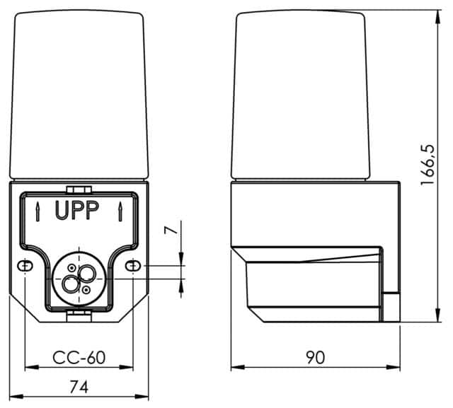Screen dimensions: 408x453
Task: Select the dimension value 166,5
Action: click(428, 164)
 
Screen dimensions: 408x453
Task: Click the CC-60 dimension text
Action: click(79, 358)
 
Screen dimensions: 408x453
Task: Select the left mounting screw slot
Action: click(25, 266)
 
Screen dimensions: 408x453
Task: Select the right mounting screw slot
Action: click(133, 266)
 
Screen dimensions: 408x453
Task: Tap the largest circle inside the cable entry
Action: click(71, 284)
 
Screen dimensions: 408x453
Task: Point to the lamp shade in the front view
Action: click(78, 95)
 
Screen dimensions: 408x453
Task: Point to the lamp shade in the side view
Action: click(302, 95)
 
